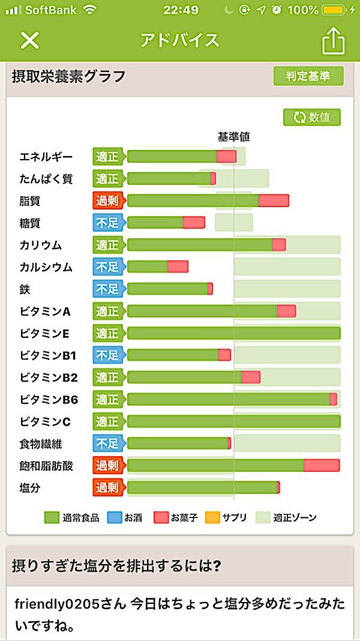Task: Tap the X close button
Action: [x=29, y=40]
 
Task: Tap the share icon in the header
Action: [x=334, y=40]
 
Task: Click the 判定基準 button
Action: [x=308, y=76]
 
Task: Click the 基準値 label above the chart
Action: [x=233, y=137]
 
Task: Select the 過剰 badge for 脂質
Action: [x=107, y=200]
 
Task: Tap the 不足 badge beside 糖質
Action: [x=107, y=223]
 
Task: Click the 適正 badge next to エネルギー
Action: [x=107, y=157]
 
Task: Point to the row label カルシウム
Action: [x=46, y=267]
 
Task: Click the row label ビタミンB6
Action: [x=49, y=400]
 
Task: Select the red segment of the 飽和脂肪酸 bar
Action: [x=322, y=465]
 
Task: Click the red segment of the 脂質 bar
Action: [x=274, y=200]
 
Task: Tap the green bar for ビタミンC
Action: [x=233, y=421]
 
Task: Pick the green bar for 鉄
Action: [x=167, y=289]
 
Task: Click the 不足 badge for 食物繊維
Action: [x=107, y=444]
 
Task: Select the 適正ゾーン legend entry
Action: [x=286, y=517]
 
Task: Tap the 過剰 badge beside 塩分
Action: [x=107, y=487]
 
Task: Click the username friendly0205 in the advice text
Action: [x=52, y=604]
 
